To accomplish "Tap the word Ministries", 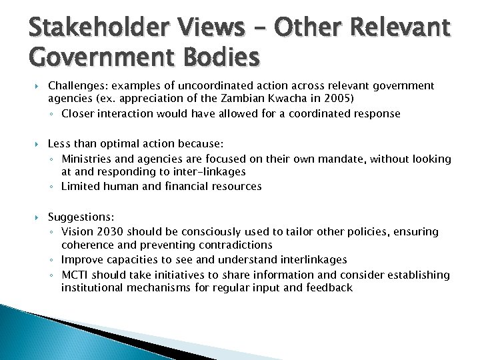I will coord(86,159).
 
